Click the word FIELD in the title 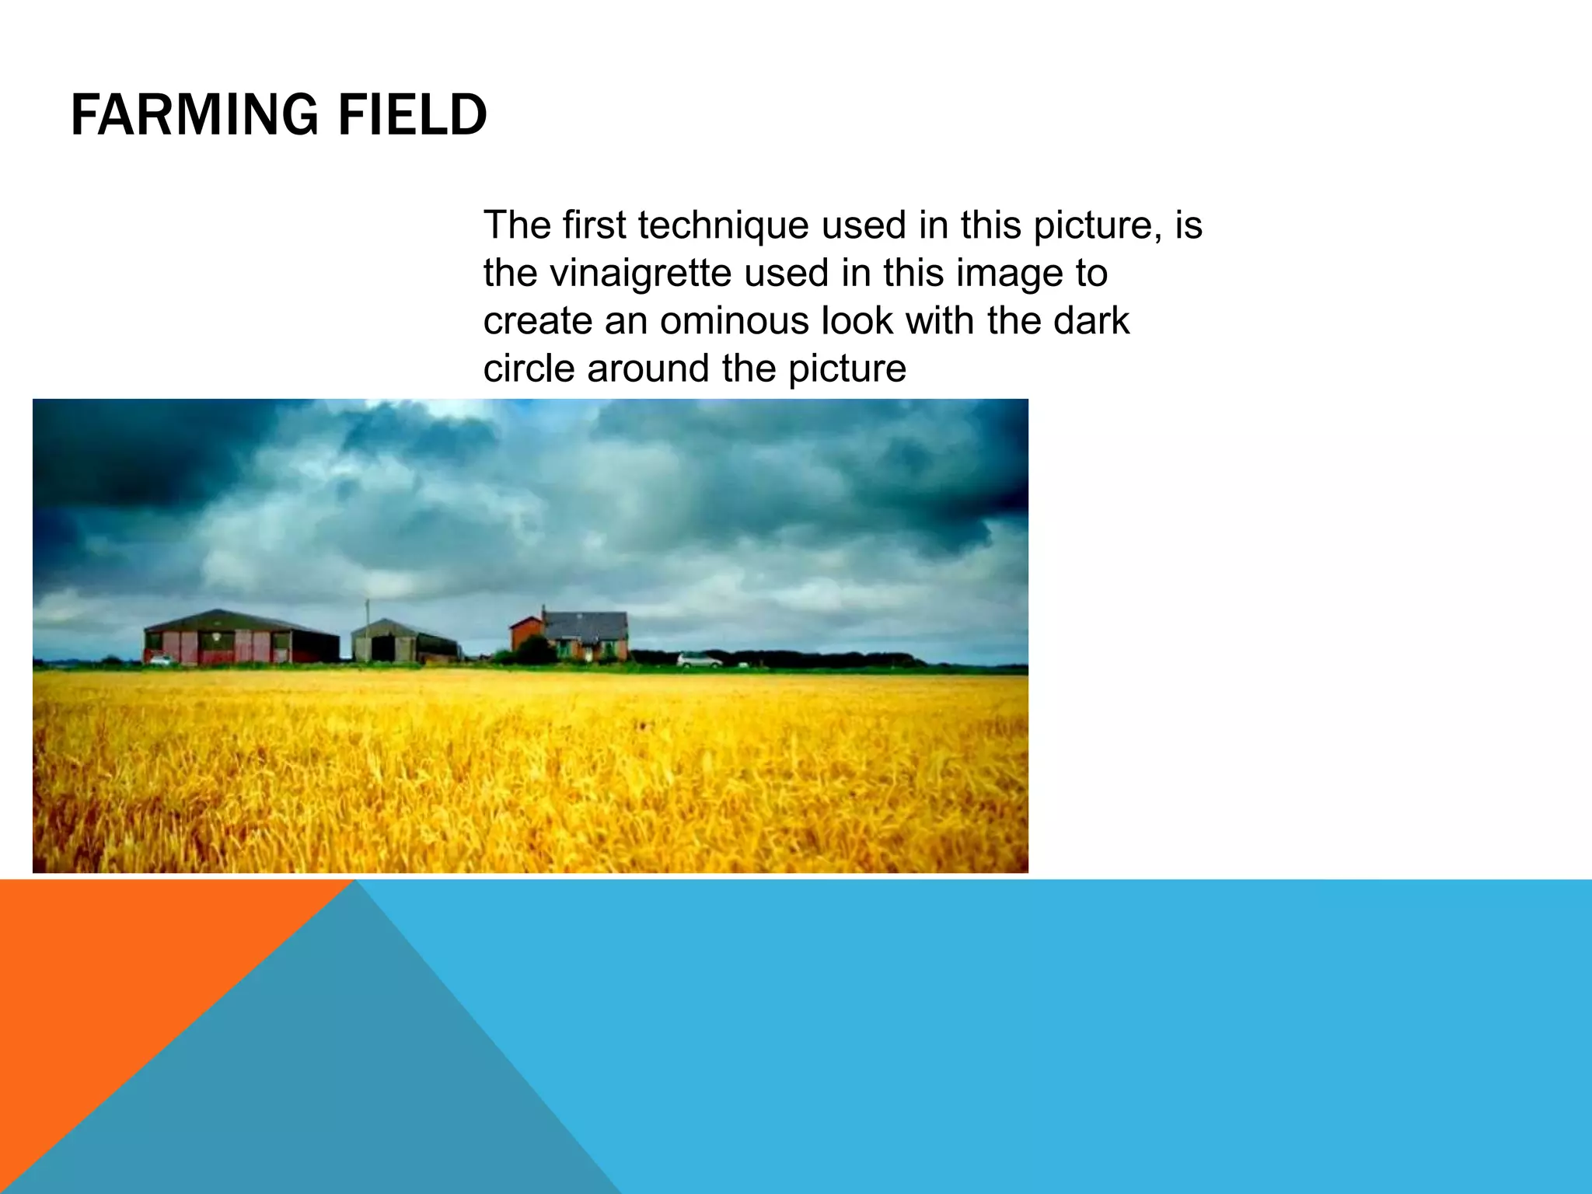pos(412,115)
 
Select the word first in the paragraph pos(594,225)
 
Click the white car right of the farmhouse pos(699,661)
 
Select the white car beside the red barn pos(162,661)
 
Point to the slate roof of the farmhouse pos(586,624)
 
